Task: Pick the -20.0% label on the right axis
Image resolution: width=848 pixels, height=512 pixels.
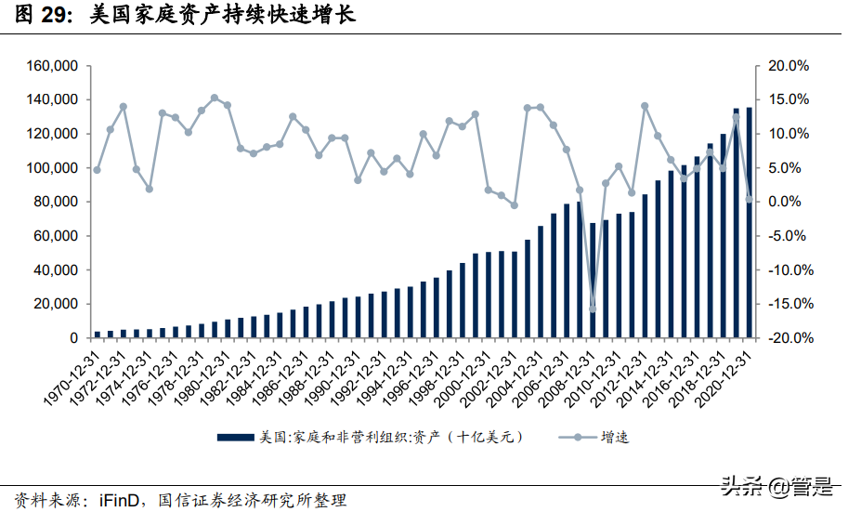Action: point(789,338)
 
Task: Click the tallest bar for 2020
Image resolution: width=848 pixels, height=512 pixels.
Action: point(750,223)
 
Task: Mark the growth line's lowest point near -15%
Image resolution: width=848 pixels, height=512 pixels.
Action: point(593,309)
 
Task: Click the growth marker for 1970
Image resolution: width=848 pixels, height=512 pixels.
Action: point(97,170)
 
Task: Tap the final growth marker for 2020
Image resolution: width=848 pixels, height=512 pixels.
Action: point(750,199)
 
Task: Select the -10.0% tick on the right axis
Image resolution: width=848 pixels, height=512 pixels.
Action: point(789,269)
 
